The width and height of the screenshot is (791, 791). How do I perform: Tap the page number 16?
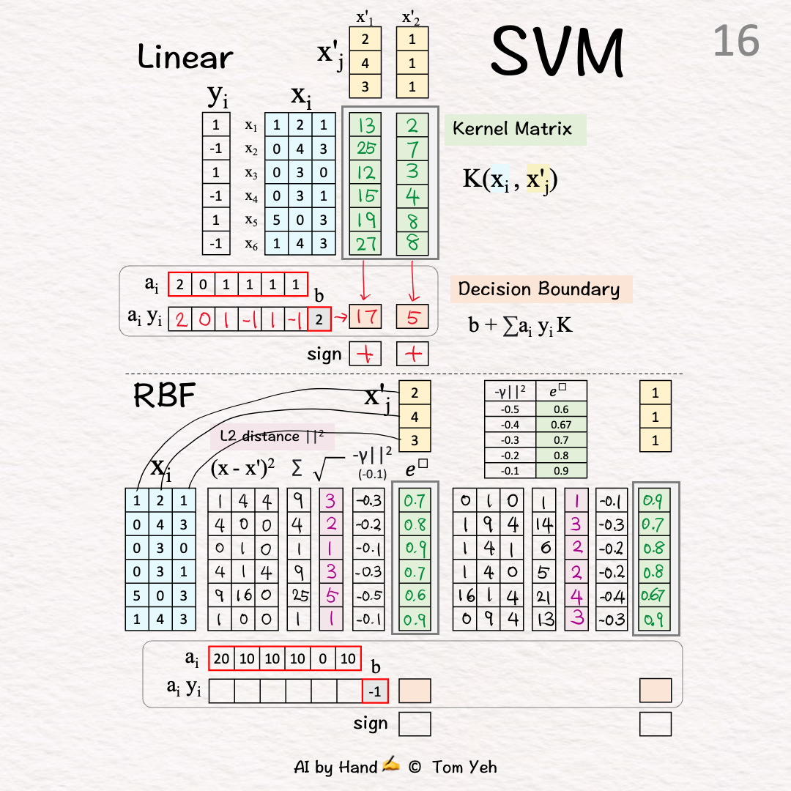(x=735, y=41)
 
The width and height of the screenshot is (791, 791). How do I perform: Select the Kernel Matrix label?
(x=512, y=129)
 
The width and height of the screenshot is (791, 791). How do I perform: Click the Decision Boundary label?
(x=539, y=289)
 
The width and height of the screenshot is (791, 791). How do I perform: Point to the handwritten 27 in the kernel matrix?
(x=365, y=242)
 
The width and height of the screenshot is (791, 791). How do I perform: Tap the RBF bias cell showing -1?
(x=375, y=691)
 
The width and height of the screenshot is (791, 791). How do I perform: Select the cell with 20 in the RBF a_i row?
(x=222, y=659)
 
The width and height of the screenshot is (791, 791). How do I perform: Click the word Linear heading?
(x=185, y=56)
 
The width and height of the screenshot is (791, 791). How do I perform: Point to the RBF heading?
(x=164, y=395)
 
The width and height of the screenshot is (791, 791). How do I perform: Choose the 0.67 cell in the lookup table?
(x=561, y=426)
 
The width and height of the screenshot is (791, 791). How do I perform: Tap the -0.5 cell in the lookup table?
(x=510, y=410)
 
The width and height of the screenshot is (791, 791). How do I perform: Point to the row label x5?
(x=251, y=219)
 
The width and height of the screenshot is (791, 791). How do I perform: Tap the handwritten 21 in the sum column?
(x=544, y=596)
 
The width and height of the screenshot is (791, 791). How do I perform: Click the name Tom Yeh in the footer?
(x=464, y=767)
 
